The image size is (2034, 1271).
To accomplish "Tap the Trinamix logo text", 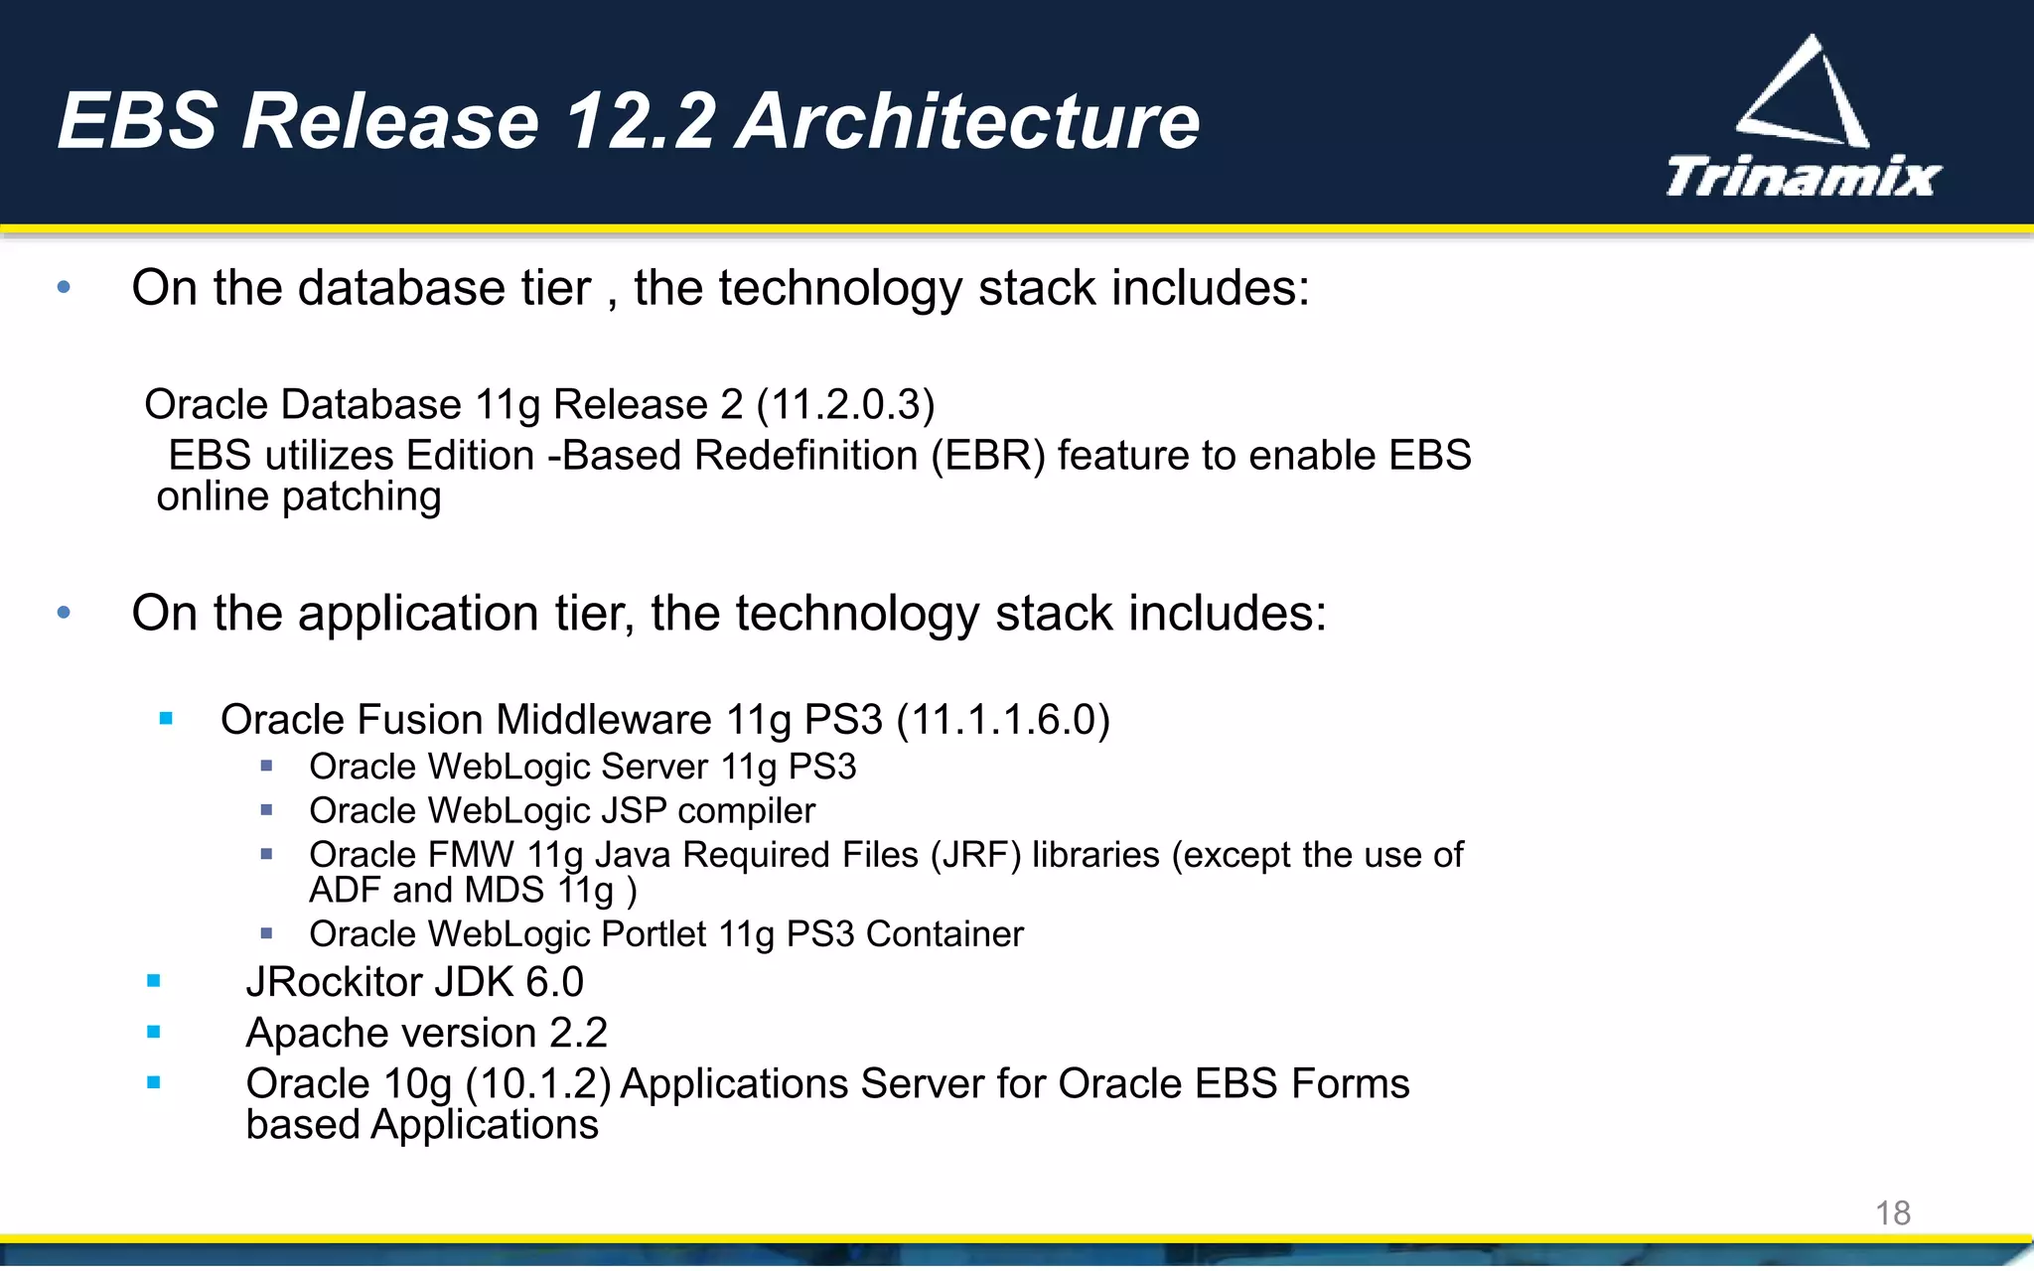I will [x=1803, y=177].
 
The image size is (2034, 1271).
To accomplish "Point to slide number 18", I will [x=1892, y=1212].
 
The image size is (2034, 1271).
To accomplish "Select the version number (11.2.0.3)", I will [x=845, y=405].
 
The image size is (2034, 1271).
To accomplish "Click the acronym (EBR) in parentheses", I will [x=988, y=456].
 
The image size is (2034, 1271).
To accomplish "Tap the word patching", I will [x=362, y=496].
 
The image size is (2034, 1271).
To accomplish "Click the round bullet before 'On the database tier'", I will [x=65, y=288].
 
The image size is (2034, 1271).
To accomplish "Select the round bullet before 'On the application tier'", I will [x=65, y=613].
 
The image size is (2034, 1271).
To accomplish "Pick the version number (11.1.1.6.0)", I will [x=1003, y=720].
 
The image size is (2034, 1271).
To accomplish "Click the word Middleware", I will [x=604, y=720].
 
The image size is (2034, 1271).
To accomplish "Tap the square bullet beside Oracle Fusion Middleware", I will [x=166, y=718].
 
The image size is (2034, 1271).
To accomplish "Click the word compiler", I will [x=746, y=811].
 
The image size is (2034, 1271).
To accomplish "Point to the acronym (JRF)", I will [x=975, y=855].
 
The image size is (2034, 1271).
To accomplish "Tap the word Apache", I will [x=314, y=1034].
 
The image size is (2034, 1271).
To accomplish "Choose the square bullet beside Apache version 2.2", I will [x=153, y=1032].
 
